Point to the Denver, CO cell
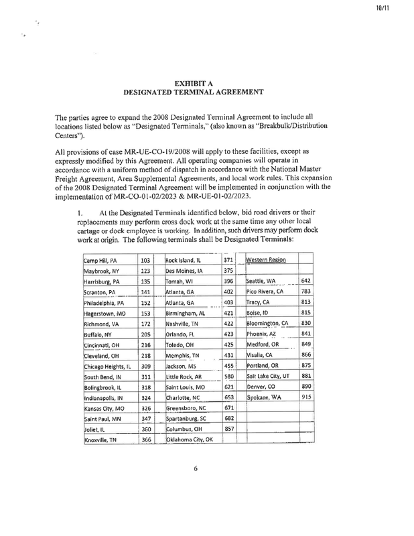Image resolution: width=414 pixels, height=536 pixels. click(263, 386)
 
